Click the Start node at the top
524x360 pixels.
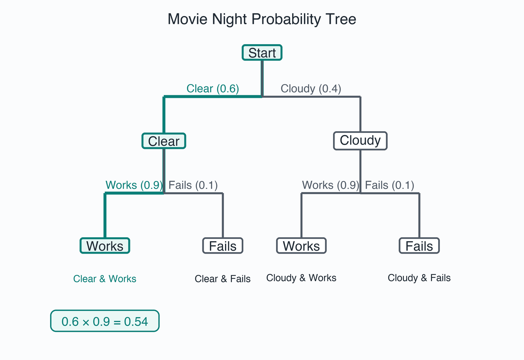pyautogui.click(x=262, y=53)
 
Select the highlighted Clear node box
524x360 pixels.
pyautogui.click(x=164, y=141)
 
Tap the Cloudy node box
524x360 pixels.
pyautogui.click(x=360, y=141)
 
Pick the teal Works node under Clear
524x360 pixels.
pyautogui.click(x=105, y=246)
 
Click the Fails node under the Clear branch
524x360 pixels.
pyautogui.click(x=223, y=246)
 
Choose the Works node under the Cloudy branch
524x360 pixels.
pyautogui.click(x=301, y=246)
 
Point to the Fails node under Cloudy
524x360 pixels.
pyautogui.click(x=419, y=246)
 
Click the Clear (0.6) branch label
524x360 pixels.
pyautogui.click(x=213, y=89)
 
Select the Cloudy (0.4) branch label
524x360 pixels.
pyautogui.click(x=311, y=89)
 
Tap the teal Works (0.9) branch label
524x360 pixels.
pyautogui.click(x=134, y=185)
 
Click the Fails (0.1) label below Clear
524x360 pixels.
pyautogui.click(x=193, y=185)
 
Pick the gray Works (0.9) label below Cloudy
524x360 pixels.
pyautogui.click(x=330, y=185)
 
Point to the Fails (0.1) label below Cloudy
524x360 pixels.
pyautogui.click(x=390, y=185)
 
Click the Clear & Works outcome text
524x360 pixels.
pyautogui.click(x=105, y=279)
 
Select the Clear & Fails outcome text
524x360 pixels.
pyautogui.click(x=223, y=279)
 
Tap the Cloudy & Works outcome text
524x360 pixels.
pyautogui.click(x=301, y=278)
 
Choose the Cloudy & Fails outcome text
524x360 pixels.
pyautogui.click(x=419, y=278)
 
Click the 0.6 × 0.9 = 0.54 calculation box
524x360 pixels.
pyautogui.click(x=105, y=321)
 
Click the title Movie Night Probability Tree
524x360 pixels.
pyautogui.click(x=262, y=19)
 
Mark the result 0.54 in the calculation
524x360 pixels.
pyautogui.click(x=136, y=322)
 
